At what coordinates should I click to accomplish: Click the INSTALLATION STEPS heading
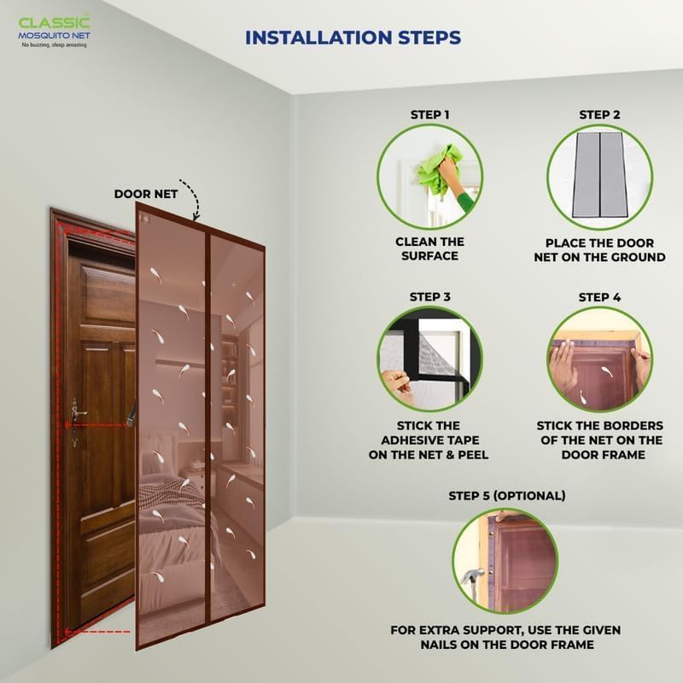(353, 38)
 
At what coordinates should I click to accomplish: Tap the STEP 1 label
(429, 114)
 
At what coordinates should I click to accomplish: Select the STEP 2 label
(600, 114)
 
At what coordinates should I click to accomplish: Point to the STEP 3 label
(429, 297)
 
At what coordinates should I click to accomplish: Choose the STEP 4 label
(600, 297)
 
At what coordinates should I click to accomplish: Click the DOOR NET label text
(146, 194)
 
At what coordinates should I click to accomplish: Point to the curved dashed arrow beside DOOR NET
(196, 203)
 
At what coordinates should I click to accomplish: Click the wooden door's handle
(77, 414)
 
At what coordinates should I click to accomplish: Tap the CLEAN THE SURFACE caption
(429, 248)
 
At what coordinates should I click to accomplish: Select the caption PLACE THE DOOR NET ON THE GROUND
(599, 249)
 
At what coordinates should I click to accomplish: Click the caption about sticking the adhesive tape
(430, 440)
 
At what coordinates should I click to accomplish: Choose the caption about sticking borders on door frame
(599, 440)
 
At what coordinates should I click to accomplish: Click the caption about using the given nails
(505, 637)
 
